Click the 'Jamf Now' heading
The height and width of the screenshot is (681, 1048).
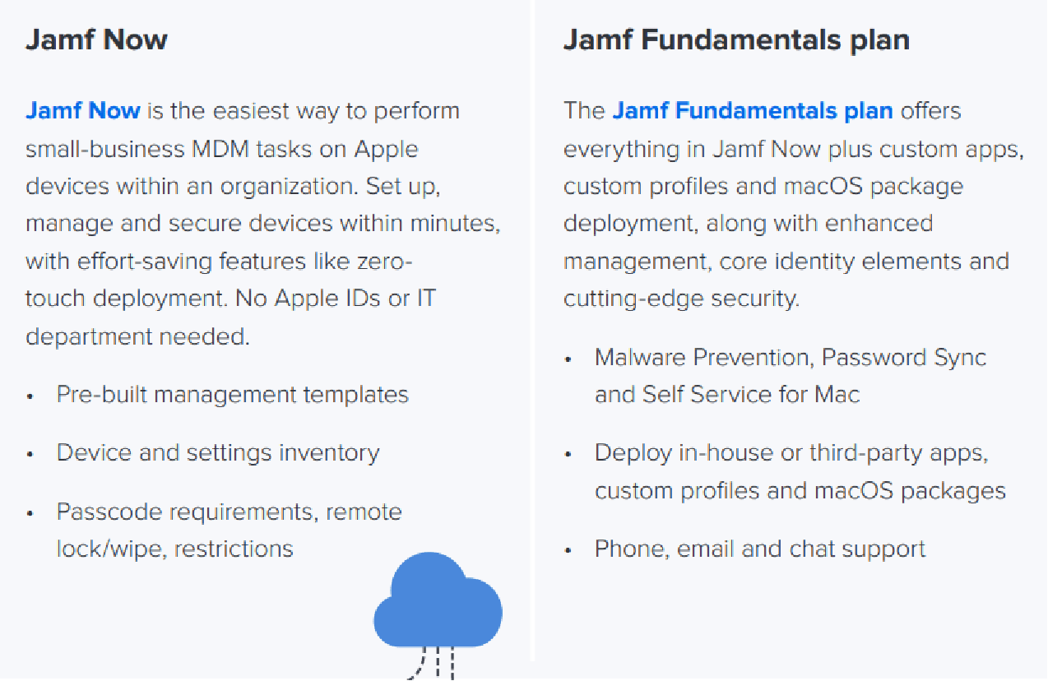pos(96,39)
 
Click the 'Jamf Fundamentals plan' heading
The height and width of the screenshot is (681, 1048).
pos(736,39)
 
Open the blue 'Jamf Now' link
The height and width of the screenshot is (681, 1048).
pos(83,110)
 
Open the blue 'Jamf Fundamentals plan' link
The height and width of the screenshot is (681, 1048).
pos(753,110)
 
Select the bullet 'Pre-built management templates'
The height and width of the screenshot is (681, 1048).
pos(232,394)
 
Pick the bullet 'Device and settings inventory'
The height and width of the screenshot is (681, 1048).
pos(217,452)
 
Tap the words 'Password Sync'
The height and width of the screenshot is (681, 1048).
pos(903,357)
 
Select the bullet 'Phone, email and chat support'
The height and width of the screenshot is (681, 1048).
pos(759,549)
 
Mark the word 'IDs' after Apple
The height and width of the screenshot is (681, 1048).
pos(362,298)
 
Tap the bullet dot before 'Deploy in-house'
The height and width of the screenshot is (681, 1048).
pos(568,454)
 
